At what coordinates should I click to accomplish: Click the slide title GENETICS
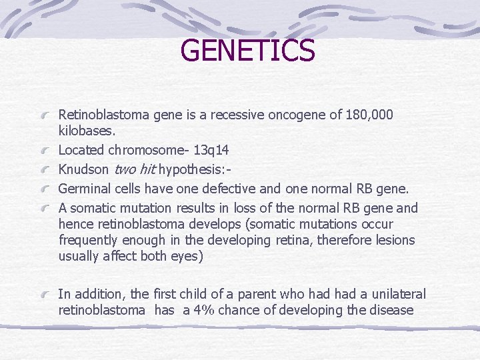click(x=247, y=51)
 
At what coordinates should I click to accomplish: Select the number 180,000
click(x=370, y=115)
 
